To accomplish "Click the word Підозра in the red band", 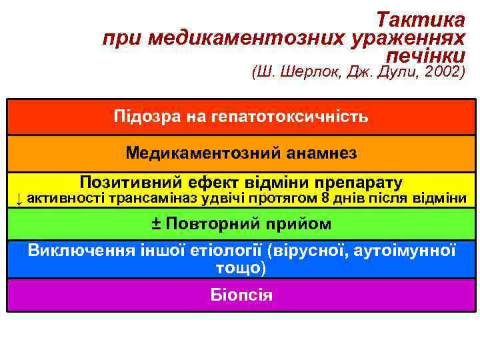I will [146, 117].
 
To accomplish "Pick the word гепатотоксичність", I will [289, 117].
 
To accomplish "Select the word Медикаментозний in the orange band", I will [203, 153].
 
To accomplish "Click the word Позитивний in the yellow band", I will [133, 182].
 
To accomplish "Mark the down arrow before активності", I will [20, 198].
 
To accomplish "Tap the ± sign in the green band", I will [155, 223].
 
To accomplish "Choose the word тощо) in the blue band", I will [241, 268].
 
